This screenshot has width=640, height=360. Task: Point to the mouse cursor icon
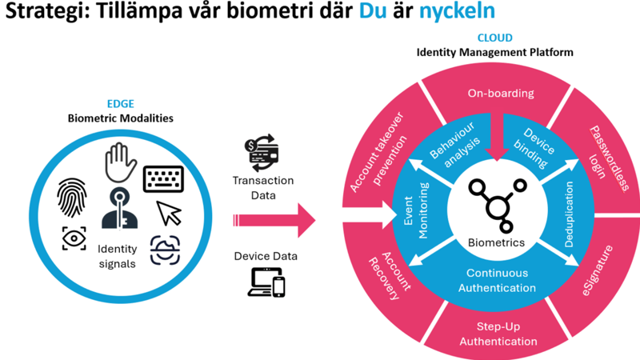tap(169, 214)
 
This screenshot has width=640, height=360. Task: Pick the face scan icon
tap(165, 249)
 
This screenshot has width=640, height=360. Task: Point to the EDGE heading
tap(120, 104)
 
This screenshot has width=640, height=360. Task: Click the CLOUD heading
tap(494, 38)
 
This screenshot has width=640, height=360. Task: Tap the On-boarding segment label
tap(500, 94)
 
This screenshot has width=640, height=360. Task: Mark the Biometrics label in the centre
tap(496, 242)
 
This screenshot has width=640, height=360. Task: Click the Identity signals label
tap(117, 256)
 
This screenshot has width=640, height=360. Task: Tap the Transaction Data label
tap(264, 188)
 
